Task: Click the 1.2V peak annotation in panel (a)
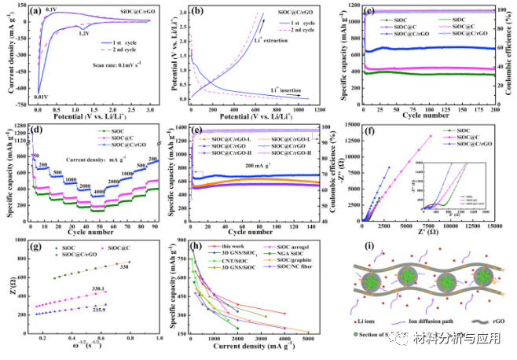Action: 85,34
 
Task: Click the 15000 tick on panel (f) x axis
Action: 495,228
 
